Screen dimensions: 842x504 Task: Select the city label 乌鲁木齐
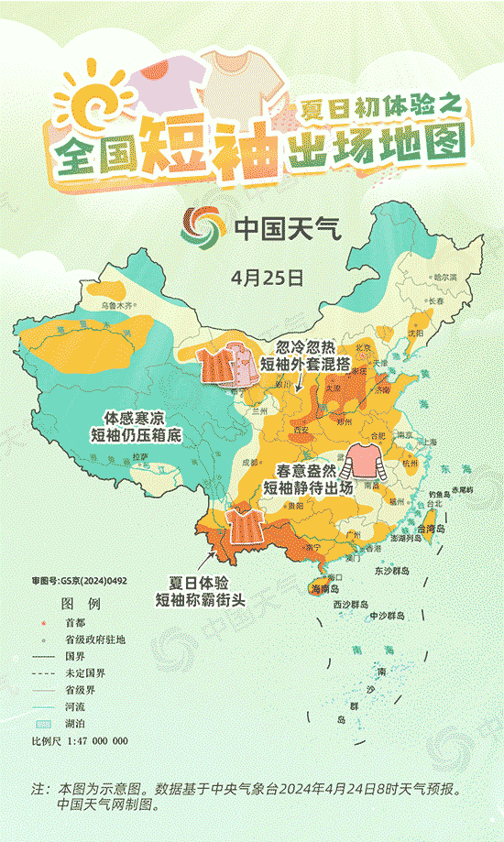coord(116,304)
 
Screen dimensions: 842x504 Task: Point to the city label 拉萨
coord(139,455)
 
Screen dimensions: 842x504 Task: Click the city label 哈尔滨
coord(444,277)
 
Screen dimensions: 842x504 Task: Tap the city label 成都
coord(250,462)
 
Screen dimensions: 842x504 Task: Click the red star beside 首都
coord(44,623)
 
